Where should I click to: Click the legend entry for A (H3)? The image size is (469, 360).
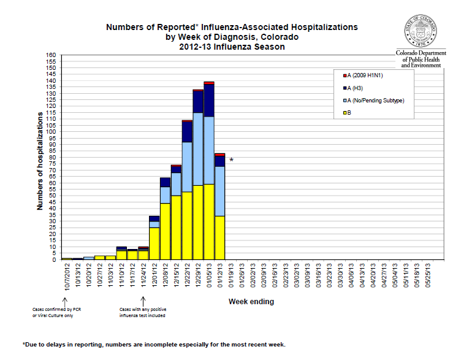tap(359, 88)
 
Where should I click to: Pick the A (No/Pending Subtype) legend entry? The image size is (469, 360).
tap(375, 100)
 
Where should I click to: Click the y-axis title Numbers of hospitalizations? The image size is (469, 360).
tap(40, 161)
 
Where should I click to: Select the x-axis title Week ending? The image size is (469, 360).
tap(251, 302)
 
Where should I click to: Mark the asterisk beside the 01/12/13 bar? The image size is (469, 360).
tap(231, 161)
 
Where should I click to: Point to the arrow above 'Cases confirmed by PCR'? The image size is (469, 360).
tap(65, 299)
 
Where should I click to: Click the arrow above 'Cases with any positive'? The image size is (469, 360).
tap(143, 299)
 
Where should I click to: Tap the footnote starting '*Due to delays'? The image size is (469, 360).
tap(154, 344)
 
